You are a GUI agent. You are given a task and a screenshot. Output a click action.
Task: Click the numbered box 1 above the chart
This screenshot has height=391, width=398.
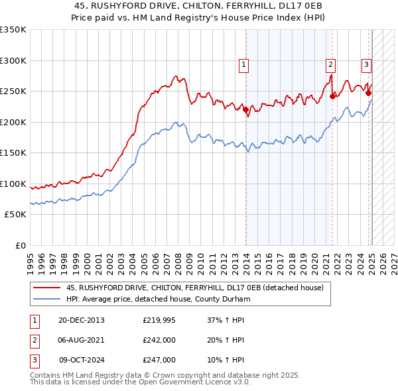pyautogui.click(x=244, y=65)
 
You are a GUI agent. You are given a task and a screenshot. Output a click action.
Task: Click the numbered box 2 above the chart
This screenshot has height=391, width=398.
pyautogui.click(x=330, y=65)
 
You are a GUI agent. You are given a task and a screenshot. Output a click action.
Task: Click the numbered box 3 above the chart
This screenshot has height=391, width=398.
pyautogui.click(x=366, y=65)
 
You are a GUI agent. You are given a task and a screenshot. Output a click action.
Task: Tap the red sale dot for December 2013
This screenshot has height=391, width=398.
pyautogui.click(x=245, y=110)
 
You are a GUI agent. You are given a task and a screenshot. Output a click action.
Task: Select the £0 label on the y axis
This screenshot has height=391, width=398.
pyautogui.click(x=20, y=245)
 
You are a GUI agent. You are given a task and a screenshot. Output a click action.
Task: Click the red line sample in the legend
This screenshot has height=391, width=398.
pyautogui.click(x=46, y=288)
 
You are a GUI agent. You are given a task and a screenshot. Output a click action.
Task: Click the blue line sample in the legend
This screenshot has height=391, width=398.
pyautogui.click(x=46, y=299)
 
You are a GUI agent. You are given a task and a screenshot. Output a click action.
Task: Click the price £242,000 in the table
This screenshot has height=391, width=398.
pyautogui.click(x=159, y=340)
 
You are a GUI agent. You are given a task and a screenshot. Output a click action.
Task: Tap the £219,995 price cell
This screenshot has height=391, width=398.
pyautogui.click(x=159, y=320)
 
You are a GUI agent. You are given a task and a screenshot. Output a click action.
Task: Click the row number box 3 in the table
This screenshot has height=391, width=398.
pyautogui.click(x=34, y=360)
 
